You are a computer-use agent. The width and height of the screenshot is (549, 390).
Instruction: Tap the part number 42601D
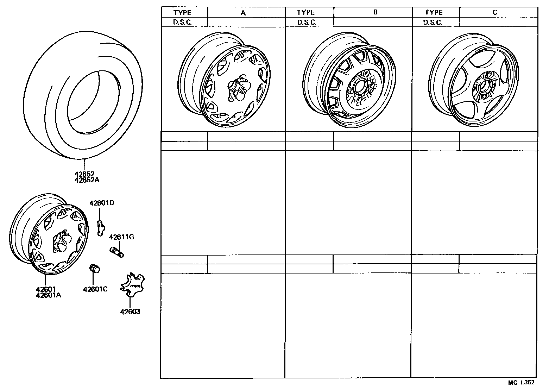point(102,203)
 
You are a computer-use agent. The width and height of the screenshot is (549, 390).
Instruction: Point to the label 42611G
point(121,237)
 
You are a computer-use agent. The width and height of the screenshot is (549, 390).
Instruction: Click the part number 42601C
point(95,289)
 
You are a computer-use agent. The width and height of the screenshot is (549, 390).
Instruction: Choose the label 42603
point(130,312)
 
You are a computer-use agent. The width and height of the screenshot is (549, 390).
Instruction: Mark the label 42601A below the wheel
point(49,295)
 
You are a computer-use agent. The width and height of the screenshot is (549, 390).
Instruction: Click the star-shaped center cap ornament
point(131,285)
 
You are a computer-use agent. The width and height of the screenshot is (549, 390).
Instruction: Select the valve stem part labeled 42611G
point(116,252)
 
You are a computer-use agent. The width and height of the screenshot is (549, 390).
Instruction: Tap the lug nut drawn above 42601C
point(95,268)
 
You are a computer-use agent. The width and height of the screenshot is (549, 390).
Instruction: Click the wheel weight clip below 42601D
point(100,227)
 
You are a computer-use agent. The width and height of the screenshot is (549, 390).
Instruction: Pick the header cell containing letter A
point(243,12)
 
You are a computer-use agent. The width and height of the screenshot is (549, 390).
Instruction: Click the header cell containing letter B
point(375,12)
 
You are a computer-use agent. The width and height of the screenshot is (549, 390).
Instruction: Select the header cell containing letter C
point(494,12)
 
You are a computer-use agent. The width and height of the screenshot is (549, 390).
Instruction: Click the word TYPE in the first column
point(182,13)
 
